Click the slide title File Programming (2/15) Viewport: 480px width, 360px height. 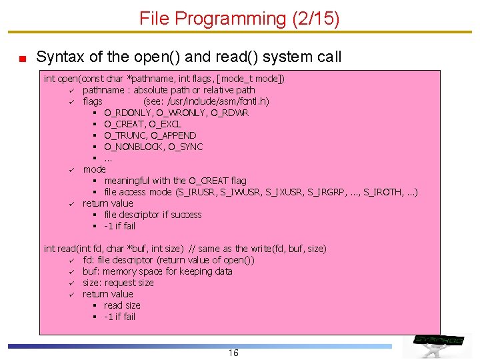coord(239,19)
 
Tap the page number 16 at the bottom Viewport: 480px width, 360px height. coord(233,353)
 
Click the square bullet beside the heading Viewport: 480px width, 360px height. coord(22,58)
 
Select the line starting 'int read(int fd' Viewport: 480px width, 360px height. coord(185,249)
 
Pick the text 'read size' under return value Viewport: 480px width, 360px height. coord(122,305)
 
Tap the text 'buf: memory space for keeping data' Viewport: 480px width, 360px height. coord(157,271)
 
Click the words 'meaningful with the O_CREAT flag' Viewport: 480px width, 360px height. coord(175,181)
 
